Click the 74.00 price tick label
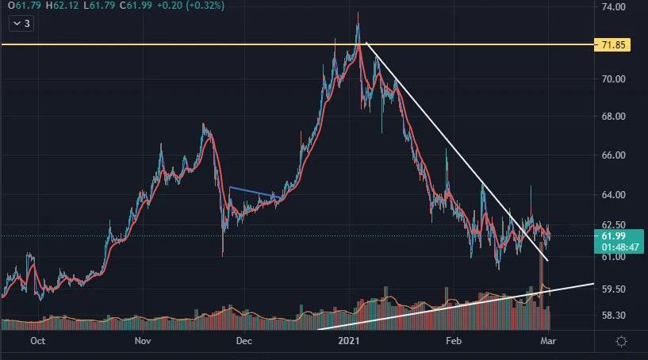(x=614, y=7)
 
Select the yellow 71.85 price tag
(x=613, y=45)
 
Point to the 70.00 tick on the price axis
(x=614, y=79)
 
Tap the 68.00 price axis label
(x=614, y=117)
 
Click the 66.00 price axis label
(x=614, y=155)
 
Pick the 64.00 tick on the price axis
(x=614, y=195)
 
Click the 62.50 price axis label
(x=614, y=225)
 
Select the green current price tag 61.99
(x=613, y=240)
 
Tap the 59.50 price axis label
(x=614, y=289)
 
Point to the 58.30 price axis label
(x=614, y=316)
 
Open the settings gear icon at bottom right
(x=622, y=341)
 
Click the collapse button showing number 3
(x=21, y=24)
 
